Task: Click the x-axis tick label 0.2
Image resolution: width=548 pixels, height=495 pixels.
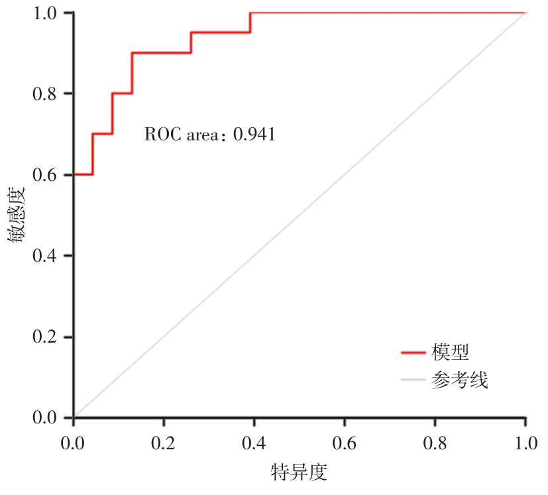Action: pyautogui.click(x=164, y=443)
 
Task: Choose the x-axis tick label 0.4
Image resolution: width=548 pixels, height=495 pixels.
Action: pyautogui.click(x=254, y=443)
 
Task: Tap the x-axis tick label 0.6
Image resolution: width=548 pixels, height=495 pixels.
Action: pyautogui.click(x=345, y=443)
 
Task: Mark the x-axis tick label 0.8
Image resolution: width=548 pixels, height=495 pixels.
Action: pyautogui.click(x=435, y=443)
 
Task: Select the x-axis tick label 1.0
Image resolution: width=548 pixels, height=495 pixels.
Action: pyautogui.click(x=525, y=443)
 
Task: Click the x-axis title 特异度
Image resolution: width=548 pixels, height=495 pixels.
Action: pyautogui.click(x=300, y=473)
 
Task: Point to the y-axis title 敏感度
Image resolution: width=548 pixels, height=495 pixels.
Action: pyautogui.click(x=18, y=216)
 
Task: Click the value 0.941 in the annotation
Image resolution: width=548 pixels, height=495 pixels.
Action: pyautogui.click(x=254, y=135)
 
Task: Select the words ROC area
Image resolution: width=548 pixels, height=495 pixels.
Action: pyautogui.click(x=181, y=135)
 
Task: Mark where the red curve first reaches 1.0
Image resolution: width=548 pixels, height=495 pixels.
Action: pyautogui.click(x=250, y=13)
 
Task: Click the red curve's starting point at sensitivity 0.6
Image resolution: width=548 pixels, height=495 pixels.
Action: pyautogui.click(x=74, y=174)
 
